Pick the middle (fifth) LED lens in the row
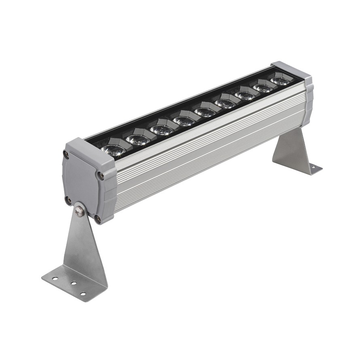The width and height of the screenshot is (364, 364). [x=205, y=111]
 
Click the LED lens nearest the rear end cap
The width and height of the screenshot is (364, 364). [x=279, y=80]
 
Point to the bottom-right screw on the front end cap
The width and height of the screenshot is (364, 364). [x=98, y=220]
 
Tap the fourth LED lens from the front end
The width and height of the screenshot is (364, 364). [x=184, y=121]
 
